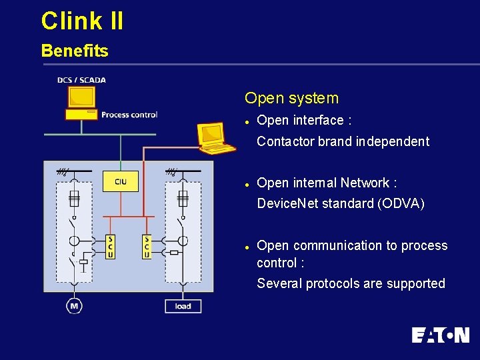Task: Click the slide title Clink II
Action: [x=82, y=21]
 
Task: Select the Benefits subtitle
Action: [x=74, y=51]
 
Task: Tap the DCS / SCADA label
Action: [x=81, y=80]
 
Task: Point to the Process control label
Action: [x=129, y=115]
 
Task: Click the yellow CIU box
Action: [x=121, y=181]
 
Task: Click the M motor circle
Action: [x=74, y=306]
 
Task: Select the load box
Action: [x=183, y=306]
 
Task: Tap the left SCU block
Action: [x=110, y=247]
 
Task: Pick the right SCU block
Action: [x=147, y=247]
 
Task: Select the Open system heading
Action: [x=291, y=98]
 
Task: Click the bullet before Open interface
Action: [x=247, y=121]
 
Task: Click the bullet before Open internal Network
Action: [x=247, y=184]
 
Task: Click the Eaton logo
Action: [x=440, y=335]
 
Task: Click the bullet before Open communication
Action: [x=247, y=247]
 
